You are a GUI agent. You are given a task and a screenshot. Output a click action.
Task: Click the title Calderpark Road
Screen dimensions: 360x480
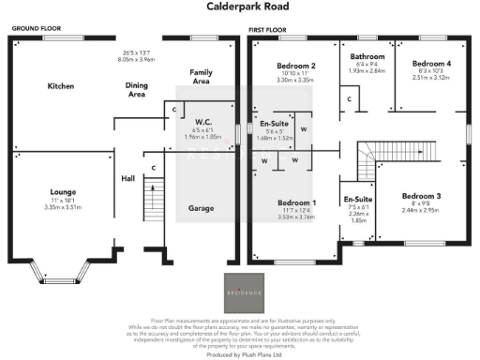coord(240,7)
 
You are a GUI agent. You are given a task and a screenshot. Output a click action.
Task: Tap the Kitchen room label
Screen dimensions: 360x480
coord(62,86)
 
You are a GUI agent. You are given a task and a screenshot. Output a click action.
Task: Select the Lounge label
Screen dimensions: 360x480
coord(64,191)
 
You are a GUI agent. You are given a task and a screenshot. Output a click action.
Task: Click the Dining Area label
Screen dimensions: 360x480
coord(136,90)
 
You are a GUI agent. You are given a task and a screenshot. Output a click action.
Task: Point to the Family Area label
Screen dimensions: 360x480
coord(201,77)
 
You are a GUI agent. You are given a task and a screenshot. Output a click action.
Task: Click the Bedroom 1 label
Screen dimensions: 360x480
coord(296,202)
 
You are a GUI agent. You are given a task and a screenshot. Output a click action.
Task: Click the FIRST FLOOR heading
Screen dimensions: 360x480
coord(267,30)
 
